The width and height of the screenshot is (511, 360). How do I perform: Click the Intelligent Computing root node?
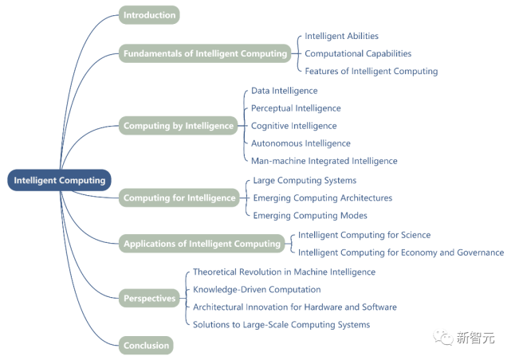[60, 181]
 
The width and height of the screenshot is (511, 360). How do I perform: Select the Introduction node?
[149, 14]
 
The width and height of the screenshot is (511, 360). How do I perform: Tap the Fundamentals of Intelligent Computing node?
[205, 54]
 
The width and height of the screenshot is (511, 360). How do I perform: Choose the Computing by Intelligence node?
[179, 126]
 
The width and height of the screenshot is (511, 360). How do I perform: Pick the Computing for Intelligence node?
[179, 198]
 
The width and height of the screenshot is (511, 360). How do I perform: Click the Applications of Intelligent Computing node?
[202, 244]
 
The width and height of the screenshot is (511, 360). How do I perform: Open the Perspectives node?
[149, 299]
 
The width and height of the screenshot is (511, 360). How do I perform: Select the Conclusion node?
[146, 346]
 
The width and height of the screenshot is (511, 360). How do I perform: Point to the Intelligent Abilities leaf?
[341, 36]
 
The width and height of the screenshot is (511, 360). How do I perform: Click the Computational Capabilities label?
[358, 53]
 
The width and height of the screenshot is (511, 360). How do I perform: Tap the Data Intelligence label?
[284, 91]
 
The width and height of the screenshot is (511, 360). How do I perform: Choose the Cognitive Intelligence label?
[293, 126]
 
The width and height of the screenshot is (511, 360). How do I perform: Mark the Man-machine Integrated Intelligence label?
[324, 161]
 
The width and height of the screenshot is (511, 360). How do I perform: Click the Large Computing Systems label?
[305, 181]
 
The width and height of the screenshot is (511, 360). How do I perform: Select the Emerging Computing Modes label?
[310, 216]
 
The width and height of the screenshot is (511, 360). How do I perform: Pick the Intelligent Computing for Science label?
[364, 235]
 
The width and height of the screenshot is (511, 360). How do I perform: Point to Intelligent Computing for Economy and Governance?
[401, 252]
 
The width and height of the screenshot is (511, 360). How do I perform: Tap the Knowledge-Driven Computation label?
[257, 289]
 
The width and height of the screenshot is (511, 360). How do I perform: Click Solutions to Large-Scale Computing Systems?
[281, 324]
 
